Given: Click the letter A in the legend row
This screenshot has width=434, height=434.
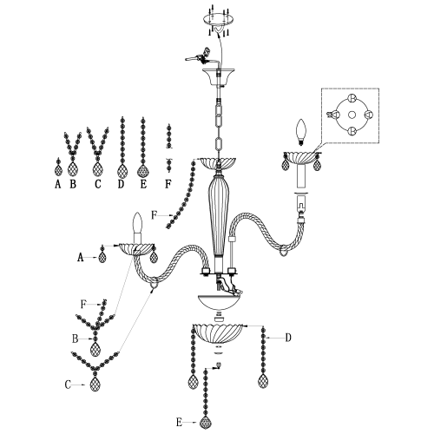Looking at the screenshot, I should (x=57, y=184).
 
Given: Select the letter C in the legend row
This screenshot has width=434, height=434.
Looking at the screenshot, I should (x=97, y=184).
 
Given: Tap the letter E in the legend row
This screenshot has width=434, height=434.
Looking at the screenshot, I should (x=143, y=184).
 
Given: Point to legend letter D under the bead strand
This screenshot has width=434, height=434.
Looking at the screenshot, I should (x=121, y=184).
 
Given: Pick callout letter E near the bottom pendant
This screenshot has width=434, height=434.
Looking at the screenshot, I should (x=178, y=422).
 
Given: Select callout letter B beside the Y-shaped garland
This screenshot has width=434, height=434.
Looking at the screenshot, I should (x=76, y=337).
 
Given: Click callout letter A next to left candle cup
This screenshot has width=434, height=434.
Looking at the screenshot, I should (x=80, y=258).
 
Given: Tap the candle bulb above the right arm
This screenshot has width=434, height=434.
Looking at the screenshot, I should (x=303, y=131).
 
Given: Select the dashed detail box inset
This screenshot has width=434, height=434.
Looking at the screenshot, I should (x=352, y=118).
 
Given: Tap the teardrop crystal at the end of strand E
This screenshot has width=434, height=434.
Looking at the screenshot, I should (x=206, y=423).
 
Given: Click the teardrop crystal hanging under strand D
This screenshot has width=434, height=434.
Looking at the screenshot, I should (x=263, y=381).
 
